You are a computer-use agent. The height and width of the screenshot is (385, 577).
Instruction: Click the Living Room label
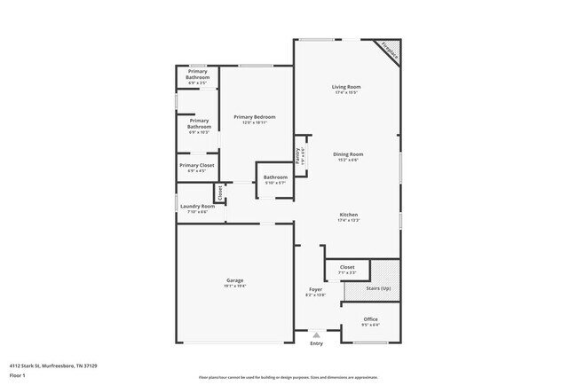346,87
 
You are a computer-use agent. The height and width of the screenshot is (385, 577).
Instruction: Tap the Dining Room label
348,154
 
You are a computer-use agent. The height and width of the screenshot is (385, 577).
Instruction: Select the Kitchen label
348,216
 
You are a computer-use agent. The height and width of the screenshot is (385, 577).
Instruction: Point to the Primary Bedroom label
255,117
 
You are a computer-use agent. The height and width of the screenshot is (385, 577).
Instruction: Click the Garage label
234,280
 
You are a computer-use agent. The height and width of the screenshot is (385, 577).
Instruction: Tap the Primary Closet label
196,165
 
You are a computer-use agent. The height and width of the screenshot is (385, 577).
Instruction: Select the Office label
371,319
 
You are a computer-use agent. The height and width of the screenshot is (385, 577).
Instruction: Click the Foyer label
315,289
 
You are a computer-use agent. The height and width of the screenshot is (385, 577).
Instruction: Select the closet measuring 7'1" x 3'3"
347,269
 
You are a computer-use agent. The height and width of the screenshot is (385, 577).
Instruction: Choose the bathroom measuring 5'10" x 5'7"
274,179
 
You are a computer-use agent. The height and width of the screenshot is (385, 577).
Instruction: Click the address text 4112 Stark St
52,365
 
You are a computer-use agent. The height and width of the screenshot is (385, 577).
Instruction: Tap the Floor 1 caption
18,375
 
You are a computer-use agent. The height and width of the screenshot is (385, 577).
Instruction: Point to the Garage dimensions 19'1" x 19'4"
234,286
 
